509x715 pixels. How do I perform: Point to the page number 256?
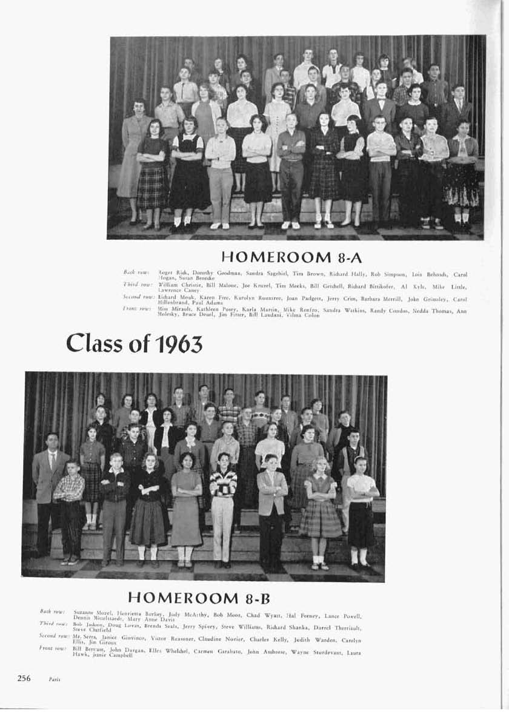click(24, 677)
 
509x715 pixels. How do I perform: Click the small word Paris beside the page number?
click(54, 679)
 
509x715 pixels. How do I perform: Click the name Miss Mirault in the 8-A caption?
click(170, 309)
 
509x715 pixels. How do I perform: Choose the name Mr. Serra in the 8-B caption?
click(84, 639)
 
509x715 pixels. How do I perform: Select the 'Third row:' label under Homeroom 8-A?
click(137, 283)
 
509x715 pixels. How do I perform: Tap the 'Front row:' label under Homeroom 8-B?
click(52, 648)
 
